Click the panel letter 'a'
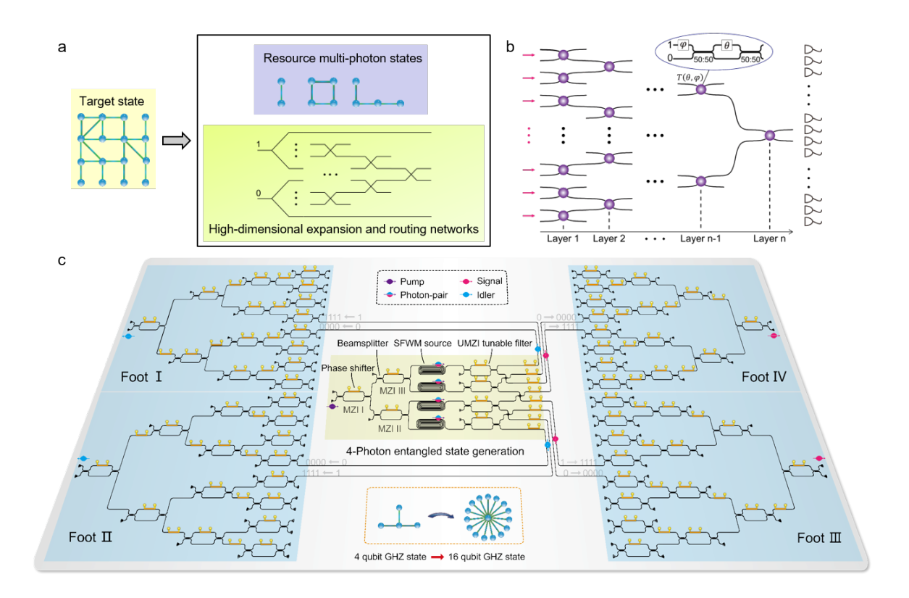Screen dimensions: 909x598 tap(62, 48)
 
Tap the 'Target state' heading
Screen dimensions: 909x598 tap(112, 101)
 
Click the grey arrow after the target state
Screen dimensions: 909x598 tap(176, 141)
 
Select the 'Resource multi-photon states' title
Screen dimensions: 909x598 tap(343, 58)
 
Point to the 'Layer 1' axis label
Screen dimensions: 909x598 tap(563, 238)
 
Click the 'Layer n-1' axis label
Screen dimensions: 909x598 tap(700, 238)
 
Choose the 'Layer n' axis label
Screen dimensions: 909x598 tap(769, 238)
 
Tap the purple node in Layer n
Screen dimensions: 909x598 tap(770, 136)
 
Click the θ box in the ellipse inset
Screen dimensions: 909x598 tap(726, 46)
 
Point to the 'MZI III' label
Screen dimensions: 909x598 tap(393, 391)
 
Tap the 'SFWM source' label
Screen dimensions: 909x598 tap(422, 344)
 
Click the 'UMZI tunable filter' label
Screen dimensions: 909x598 tap(495, 344)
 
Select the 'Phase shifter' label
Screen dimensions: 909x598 tap(348, 368)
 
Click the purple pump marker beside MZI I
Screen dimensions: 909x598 tap(332, 407)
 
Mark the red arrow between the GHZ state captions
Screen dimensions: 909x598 tap(437, 557)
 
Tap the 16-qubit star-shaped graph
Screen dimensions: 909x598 tap(487, 518)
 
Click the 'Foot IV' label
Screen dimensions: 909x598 tap(763, 377)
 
